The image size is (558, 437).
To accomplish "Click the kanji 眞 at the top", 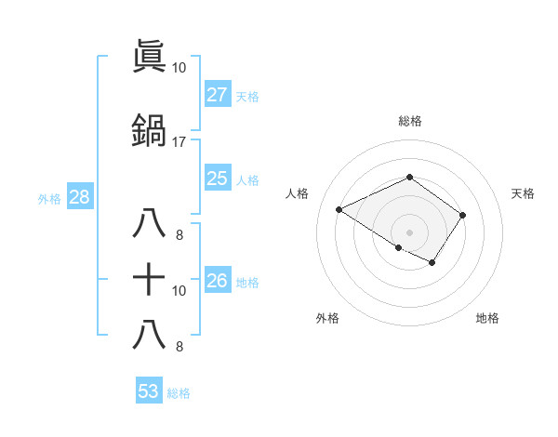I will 149,58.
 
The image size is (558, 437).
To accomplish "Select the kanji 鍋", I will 149,131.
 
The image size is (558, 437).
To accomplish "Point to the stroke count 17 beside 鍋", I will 179,141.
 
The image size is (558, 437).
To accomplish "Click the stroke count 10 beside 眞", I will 179,68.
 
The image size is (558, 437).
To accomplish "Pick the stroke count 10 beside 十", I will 179,290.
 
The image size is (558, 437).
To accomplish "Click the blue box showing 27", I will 218,95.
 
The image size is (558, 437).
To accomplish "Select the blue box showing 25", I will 218,179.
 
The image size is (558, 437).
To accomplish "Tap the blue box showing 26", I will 218,280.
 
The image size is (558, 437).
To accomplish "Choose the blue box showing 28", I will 79,196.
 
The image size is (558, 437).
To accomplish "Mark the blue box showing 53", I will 149,391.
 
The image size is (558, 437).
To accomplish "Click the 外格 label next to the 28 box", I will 49,198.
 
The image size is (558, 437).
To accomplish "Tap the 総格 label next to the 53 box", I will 179,393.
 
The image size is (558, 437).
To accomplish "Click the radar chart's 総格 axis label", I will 409,121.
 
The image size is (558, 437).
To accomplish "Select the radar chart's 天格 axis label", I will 524,193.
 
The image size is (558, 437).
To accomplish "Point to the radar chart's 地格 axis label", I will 487,318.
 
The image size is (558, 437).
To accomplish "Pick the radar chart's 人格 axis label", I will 298,193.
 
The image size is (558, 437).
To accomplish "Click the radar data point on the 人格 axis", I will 339,209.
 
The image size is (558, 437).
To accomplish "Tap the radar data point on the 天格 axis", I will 462,215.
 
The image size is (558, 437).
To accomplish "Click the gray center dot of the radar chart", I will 409,232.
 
